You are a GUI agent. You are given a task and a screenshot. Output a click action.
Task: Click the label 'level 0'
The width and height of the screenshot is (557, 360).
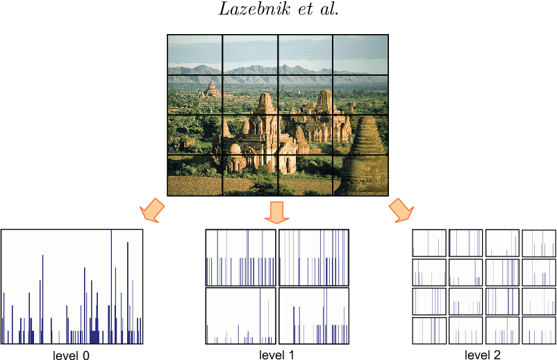click(x=71, y=355)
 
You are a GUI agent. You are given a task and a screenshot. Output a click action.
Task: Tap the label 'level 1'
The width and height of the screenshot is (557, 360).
click(x=276, y=354)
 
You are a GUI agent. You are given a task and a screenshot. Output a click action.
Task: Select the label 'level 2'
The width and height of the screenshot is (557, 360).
click(x=482, y=354)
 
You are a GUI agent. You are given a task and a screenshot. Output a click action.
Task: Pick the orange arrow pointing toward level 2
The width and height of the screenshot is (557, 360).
click(x=401, y=209)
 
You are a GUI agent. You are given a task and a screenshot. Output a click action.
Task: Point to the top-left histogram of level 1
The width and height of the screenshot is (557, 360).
click(x=241, y=257)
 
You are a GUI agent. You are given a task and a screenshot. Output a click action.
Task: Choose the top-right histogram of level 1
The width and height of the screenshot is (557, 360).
click(x=313, y=257)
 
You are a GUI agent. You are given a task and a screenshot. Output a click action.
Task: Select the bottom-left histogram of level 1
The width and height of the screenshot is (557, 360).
click(x=241, y=316)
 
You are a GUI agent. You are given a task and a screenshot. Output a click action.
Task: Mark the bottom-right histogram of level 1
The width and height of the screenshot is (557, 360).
click(x=313, y=316)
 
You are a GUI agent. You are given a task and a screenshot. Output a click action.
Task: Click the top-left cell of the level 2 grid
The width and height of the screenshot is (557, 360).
click(x=429, y=243)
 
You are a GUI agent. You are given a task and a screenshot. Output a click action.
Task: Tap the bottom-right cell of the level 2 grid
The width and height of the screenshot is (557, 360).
click(x=538, y=330)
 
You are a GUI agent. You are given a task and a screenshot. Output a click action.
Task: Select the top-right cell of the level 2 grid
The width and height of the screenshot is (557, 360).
click(x=538, y=243)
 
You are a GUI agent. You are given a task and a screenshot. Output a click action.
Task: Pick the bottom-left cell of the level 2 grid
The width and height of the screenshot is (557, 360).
click(x=429, y=330)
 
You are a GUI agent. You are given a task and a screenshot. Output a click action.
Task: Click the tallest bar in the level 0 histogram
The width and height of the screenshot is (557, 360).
click(x=111, y=285)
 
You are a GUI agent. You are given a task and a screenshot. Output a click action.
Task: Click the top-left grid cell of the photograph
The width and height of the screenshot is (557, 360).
click(x=194, y=54)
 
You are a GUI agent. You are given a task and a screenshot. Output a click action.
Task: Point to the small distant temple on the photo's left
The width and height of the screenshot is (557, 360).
click(x=210, y=89)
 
